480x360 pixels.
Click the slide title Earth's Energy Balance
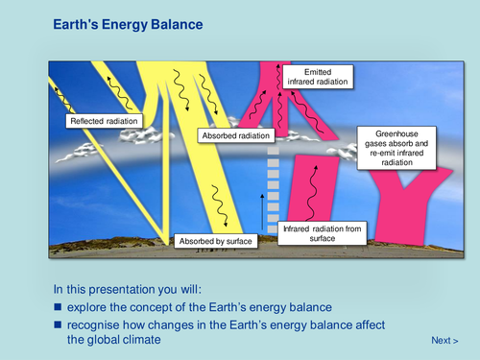point(127,22)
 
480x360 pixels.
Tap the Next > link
point(444,340)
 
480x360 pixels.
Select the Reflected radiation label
point(103,122)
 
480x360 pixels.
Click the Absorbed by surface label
point(215,241)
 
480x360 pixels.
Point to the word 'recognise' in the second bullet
point(94,324)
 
